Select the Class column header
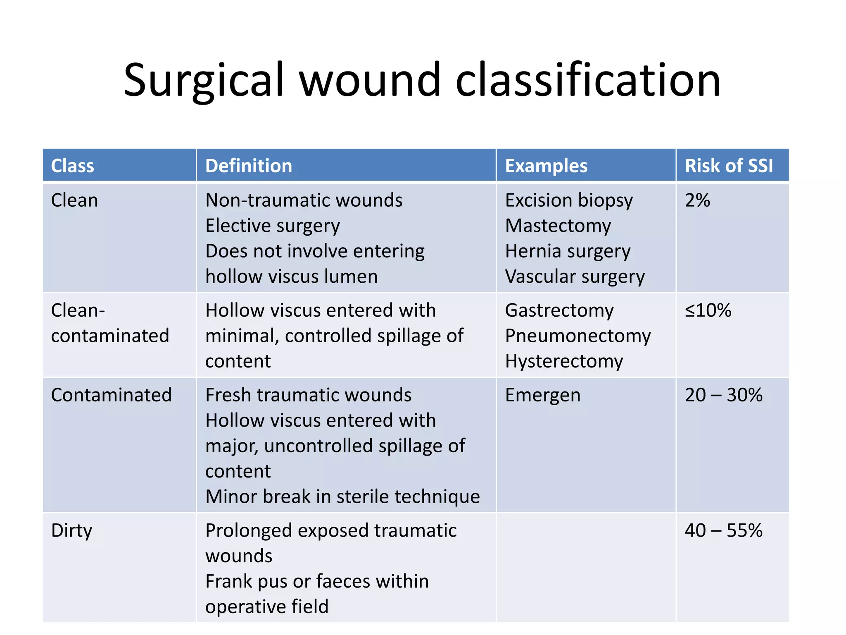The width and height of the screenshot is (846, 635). pyautogui.click(x=72, y=166)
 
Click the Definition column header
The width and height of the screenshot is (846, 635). pyautogui.click(x=249, y=166)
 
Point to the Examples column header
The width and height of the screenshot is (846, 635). pyautogui.click(x=546, y=166)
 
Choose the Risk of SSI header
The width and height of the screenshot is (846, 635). pyautogui.click(x=729, y=166)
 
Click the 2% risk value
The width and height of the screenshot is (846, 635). pyautogui.click(x=697, y=200)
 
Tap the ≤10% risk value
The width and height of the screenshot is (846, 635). pyautogui.click(x=708, y=310)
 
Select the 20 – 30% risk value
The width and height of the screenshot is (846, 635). pyautogui.click(x=723, y=395)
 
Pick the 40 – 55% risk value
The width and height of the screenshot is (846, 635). pyautogui.click(x=723, y=530)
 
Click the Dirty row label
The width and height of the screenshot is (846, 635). pyautogui.click(x=71, y=530)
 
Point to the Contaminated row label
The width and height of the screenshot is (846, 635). pyautogui.click(x=111, y=395)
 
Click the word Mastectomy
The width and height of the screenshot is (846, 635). pyautogui.click(x=558, y=226)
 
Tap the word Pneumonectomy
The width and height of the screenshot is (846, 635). pyautogui.click(x=578, y=336)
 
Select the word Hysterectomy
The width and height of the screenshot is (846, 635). pyautogui.click(x=564, y=361)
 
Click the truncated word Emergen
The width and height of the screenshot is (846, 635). pyautogui.click(x=543, y=395)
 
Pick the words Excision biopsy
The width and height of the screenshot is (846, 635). pyautogui.click(x=569, y=201)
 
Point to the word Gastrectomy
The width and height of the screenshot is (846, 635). pyautogui.click(x=559, y=310)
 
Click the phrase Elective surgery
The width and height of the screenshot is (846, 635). pyautogui.click(x=273, y=226)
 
